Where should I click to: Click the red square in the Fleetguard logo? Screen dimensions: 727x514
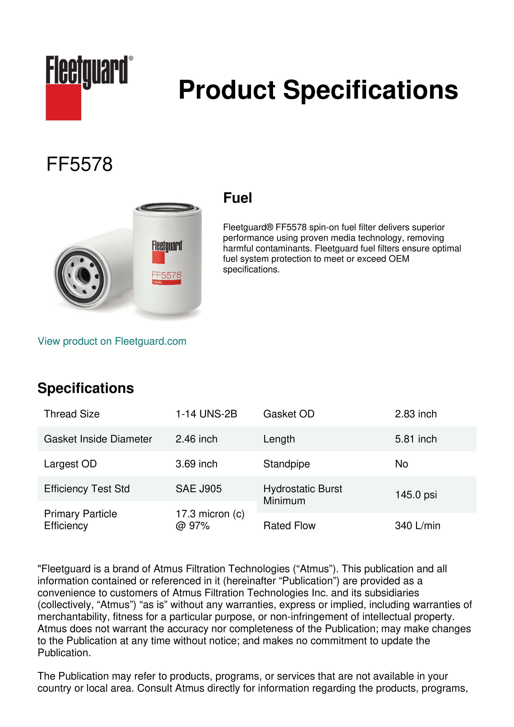[x=63, y=102]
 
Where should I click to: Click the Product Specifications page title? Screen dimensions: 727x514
[x=318, y=90]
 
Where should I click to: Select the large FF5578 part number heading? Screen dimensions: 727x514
[x=79, y=164]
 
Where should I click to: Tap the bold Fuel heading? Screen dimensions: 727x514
[x=237, y=198]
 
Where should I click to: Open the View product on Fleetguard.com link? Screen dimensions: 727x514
[x=112, y=341]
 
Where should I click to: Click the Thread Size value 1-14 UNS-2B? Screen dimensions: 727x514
[x=206, y=414]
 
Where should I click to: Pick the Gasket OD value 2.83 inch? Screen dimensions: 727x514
[x=416, y=414]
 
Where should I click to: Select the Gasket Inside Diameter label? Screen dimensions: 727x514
[x=98, y=439]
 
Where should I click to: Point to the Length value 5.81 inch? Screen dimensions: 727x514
[x=416, y=439]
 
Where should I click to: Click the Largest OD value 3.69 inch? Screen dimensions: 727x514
[x=197, y=464]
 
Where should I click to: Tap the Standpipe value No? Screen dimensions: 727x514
[x=401, y=464]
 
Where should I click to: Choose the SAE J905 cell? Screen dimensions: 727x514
[x=199, y=489]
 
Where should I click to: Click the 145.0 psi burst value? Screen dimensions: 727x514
[x=416, y=495]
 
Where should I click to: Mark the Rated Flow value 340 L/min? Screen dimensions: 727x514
[x=417, y=526]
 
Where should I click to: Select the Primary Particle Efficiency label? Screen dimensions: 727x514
[x=81, y=520]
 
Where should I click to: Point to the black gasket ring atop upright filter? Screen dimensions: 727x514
[x=167, y=208]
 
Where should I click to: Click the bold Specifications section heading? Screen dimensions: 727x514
[x=86, y=388]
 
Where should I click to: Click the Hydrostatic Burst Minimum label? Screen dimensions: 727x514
[x=302, y=495]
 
